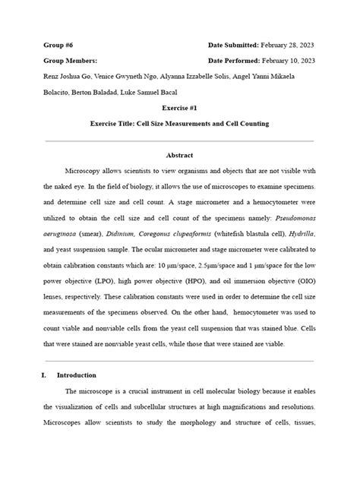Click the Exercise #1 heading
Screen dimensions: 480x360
pyautogui.click(x=179, y=108)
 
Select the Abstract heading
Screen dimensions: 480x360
pyautogui.click(x=179, y=155)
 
